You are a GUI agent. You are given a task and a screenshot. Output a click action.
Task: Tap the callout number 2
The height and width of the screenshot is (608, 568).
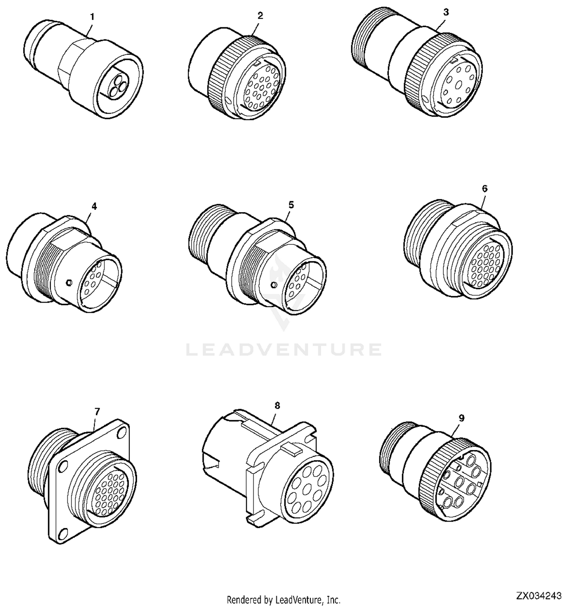click(260, 16)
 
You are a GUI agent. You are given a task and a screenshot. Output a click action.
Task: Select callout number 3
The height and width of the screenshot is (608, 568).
click(446, 12)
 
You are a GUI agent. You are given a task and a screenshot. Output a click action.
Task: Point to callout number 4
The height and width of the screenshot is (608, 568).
click(94, 206)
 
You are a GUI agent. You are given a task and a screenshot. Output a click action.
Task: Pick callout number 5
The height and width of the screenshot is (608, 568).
click(291, 205)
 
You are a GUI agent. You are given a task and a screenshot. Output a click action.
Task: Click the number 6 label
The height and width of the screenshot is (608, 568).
click(485, 189)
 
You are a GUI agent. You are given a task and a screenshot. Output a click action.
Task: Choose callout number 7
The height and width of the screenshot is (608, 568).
click(97, 411)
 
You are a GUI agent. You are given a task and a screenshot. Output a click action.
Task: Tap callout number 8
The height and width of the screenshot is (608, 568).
click(277, 405)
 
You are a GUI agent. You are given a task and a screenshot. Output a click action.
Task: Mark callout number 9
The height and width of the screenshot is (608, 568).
click(461, 418)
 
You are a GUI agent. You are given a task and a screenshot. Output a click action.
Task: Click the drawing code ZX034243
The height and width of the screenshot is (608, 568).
click(539, 596)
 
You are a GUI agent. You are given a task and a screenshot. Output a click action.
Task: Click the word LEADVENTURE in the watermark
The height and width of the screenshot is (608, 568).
click(284, 349)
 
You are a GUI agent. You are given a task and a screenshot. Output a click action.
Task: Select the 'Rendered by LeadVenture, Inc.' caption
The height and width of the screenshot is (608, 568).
click(284, 600)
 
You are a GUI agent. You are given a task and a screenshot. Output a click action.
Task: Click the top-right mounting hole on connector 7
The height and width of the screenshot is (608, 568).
click(122, 432)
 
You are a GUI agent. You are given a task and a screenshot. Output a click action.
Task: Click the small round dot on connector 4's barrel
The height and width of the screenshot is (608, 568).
click(69, 282)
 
